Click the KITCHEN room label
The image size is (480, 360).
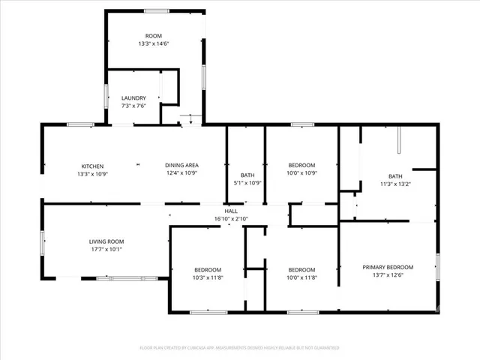tap(93, 166)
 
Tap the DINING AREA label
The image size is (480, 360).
tap(181, 166)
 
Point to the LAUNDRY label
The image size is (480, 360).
tap(133, 98)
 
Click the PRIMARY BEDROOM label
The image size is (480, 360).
tap(388, 267)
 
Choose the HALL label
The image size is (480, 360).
tap(231, 211)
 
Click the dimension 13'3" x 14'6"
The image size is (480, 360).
tap(154, 44)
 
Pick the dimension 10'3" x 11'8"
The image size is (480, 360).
tap(208, 277)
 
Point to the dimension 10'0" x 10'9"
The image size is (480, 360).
tap(301, 173)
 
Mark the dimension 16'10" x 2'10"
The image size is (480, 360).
tap(231, 218)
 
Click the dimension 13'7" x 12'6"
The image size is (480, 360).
tap(388, 274)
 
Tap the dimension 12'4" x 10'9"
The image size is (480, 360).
tap(181, 173)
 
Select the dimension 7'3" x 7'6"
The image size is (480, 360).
tap(133, 106)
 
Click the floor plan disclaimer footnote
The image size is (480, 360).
tap(239, 348)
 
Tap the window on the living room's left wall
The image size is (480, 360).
tap(43, 244)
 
